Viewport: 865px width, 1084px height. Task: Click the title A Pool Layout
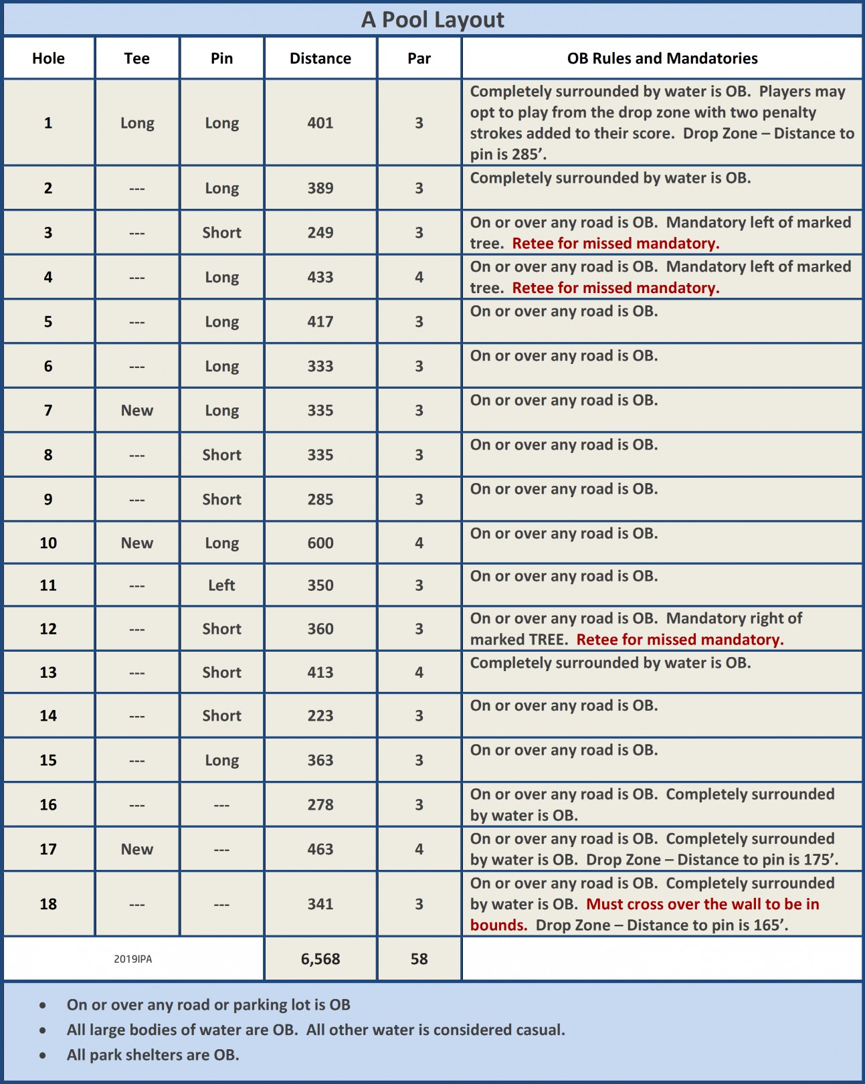click(x=432, y=19)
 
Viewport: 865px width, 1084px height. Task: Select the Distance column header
click(x=320, y=58)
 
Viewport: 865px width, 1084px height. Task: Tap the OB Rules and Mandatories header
click(x=662, y=58)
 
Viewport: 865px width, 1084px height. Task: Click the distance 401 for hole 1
click(x=320, y=122)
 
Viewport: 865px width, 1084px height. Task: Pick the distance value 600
click(x=320, y=543)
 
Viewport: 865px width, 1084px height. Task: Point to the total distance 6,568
click(x=320, y=959)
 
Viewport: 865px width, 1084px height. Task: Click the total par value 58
click(x=419, y=959)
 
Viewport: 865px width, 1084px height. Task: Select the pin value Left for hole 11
click(x=221, y=585)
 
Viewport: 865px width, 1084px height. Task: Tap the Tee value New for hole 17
click(x=137, y=849)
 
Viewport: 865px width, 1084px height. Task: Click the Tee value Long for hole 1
click(x=137, y=123)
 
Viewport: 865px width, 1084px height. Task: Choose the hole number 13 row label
click(x=48, y=672)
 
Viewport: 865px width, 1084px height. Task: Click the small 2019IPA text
click(x=132, y=959)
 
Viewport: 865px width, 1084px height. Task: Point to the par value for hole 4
click(x=419, y=277)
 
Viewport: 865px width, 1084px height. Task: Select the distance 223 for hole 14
click(x=320, y=716)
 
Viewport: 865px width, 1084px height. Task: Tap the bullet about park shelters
click(x=153, y=1055)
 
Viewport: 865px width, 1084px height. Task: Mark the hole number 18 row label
click(x=48, y=904)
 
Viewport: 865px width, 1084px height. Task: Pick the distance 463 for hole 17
click(x=320, y=849)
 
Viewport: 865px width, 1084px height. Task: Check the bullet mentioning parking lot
click(x=208, y=1004)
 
